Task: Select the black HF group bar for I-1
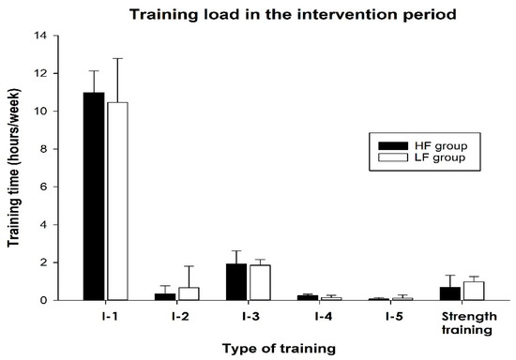click(93, 197)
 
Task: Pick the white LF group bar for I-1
click(117, 202)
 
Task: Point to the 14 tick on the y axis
click(38, 36)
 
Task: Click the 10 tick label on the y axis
click(38, 112)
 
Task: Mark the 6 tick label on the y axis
click(41, 187)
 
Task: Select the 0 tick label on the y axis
click(41, 301)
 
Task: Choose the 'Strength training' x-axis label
click(462, 322)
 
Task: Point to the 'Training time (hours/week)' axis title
click(14, 169)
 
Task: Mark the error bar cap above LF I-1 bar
click(117, 58)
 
